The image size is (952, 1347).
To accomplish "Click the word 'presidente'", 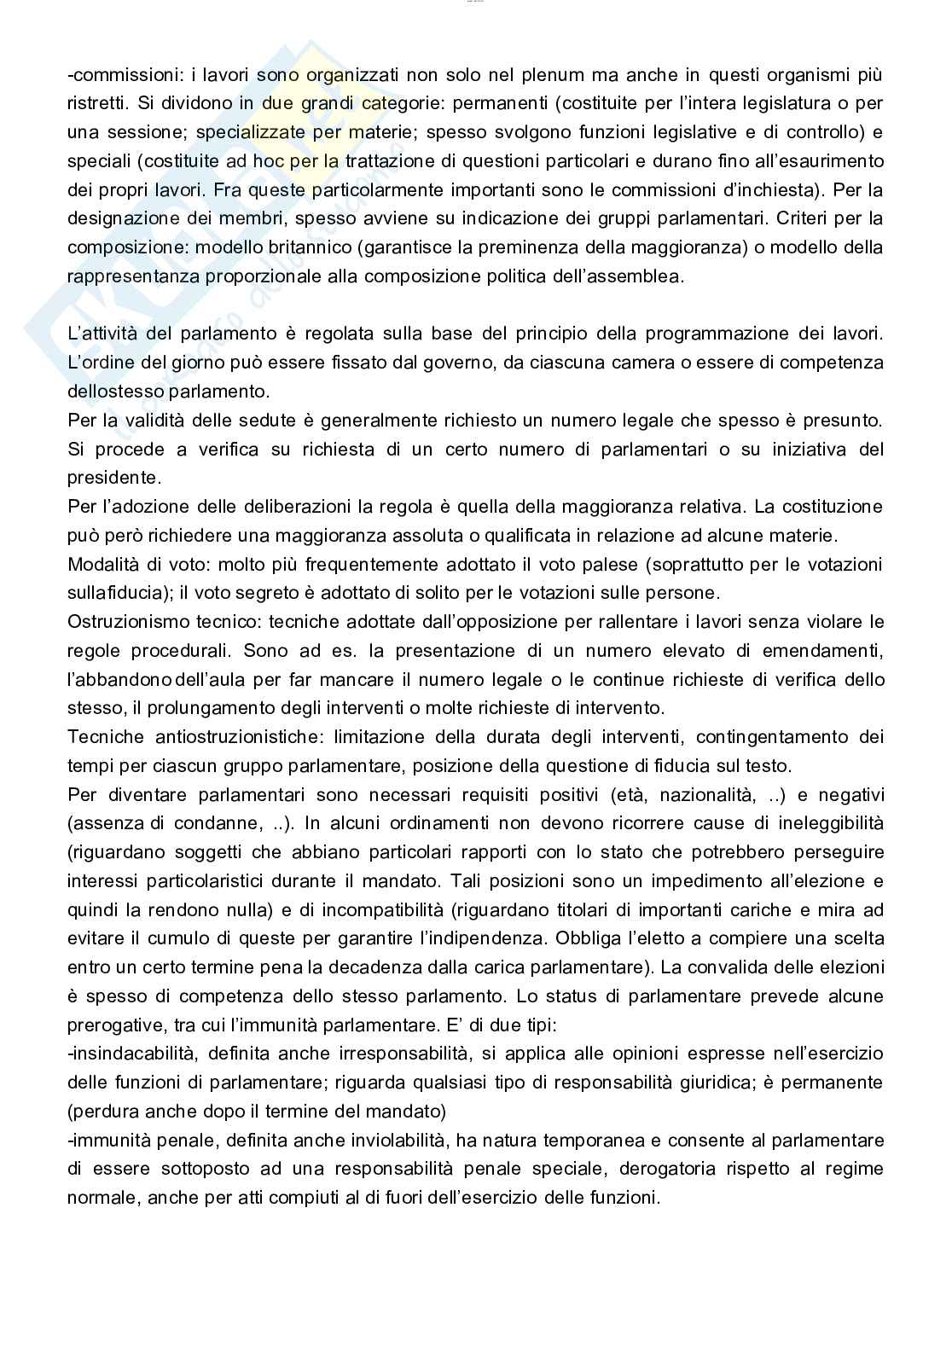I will point(113,478).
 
